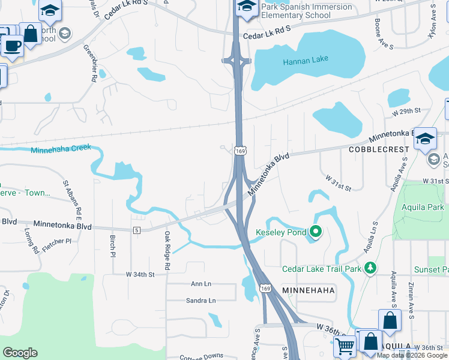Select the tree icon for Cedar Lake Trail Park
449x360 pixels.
(372, 267)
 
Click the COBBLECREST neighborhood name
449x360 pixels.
(379, 149)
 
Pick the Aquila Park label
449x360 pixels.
(424, 208)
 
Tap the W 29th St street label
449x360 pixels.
(407, 112)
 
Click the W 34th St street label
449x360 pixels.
(140, 274)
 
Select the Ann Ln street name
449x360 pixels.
(201, 284)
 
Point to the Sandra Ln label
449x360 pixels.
(200, 301)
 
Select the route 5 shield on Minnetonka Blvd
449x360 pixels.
(137, 230)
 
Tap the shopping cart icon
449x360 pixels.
(344, 346)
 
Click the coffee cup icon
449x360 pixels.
(12, 45)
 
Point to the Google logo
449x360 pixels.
(20, 353)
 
